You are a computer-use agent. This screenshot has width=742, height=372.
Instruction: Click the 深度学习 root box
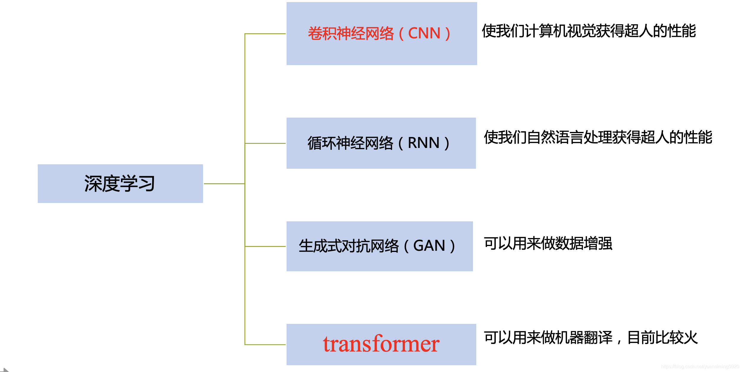click(120, 184)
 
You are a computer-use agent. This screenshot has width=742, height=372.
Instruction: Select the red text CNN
click(424, 33)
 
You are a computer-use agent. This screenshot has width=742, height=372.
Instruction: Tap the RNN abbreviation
click(424, 143)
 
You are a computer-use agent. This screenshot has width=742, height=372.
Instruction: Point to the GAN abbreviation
click(429, 246)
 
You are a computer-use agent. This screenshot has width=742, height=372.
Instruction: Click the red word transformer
click(381, 344)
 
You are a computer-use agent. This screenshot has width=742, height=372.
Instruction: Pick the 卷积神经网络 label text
click(351, 33)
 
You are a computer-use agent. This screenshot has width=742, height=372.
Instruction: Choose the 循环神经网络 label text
click(350, 143)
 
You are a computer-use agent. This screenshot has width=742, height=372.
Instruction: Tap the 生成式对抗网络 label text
click(348, 246)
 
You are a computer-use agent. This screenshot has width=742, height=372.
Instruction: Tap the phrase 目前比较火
click(663, 338)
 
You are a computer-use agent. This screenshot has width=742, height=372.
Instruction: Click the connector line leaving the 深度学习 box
click(224, 184)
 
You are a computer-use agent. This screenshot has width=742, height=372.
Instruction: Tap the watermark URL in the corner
click(700, 367)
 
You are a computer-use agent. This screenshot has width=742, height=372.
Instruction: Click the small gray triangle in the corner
click(5, 370)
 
